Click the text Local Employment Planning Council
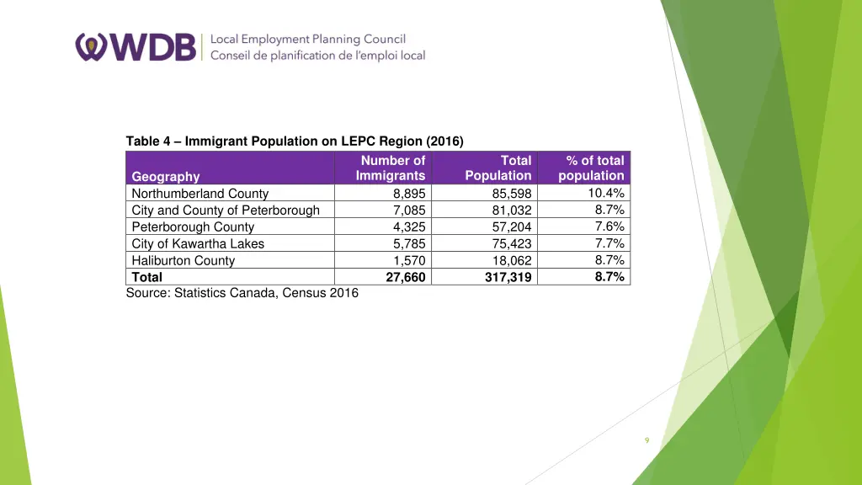tap(307, 39)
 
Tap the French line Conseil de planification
tap(317, 56)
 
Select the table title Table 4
tap(295, 141)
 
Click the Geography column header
tap(166, 176)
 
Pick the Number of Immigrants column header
tap(391, 168)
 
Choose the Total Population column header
tap(498, 168)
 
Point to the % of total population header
tap(592, 168)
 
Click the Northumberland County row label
tap(200, 194)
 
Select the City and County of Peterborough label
tap(226, 211)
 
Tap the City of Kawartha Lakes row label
tap(198, 244)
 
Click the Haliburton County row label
tap(184, 261)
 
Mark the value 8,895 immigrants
tap(409, 194)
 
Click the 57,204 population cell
tap(512, 227)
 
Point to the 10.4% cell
tap(606, 193)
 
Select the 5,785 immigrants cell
tap(409, 244)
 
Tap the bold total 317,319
tap(508, 277)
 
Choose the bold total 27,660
tap(406, 277)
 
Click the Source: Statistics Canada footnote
tap(242, 293)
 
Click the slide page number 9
tap(646, 440)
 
